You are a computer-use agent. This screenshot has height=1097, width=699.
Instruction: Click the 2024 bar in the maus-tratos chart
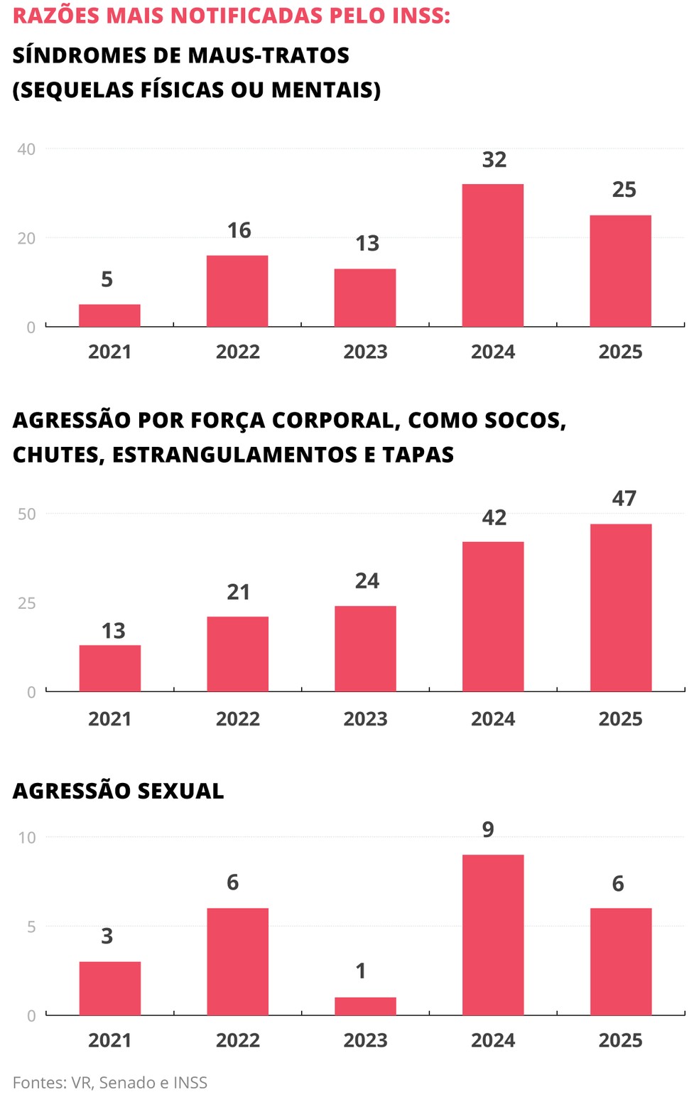coord(492,255)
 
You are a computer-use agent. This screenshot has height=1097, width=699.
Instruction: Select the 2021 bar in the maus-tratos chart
coord(109,315)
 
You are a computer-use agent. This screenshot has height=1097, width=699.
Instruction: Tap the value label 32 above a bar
coord(494,160)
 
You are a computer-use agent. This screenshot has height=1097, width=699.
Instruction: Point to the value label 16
coord(239,230)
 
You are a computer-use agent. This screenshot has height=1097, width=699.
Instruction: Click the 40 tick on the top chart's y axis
coord(26,149)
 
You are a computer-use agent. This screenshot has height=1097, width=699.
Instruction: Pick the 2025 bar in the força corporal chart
coord(620,607)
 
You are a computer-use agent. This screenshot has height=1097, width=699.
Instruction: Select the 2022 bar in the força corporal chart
coord(237,654)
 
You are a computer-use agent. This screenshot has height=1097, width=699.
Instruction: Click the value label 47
coord(624,499)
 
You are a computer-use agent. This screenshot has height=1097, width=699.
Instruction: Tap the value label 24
coord(367,581)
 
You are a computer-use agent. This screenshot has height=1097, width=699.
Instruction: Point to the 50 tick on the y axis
coord(26,514)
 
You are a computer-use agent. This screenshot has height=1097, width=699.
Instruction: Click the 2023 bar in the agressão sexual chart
coord(365,1006)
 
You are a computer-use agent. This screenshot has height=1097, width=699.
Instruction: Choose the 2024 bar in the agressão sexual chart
coord(492,934)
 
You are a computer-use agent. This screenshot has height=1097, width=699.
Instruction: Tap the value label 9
coord(488,830)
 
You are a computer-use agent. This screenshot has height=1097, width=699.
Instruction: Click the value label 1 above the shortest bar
coord(361,971)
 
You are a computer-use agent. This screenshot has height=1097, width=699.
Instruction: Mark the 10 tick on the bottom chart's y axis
coord(26,838)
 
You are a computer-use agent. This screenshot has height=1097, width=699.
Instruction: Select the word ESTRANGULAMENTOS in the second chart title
coord(236,455)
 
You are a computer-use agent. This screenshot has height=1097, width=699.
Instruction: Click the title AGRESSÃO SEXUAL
coord(118,791)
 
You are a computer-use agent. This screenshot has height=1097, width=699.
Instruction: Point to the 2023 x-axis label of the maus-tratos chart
coord(365,352)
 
